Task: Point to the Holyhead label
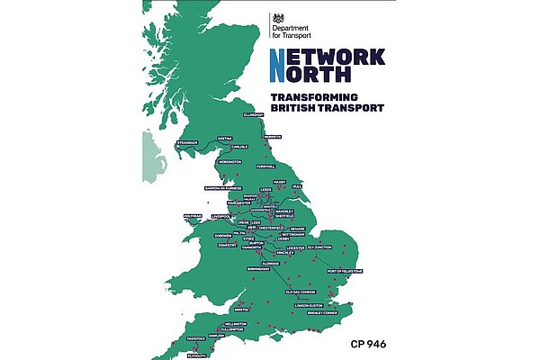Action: (x=193, y=216)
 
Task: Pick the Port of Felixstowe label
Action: (x=345, y=271)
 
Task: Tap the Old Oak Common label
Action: (x=302, y=292)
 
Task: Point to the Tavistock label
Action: (x=196, y=338)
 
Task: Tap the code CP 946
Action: (x=371, y=343)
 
